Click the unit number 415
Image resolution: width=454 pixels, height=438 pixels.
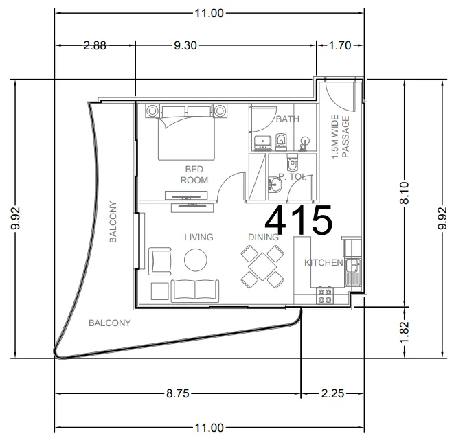coord(299,220)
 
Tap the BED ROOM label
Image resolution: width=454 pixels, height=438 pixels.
coord(194,174)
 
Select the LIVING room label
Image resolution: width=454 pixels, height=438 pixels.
coord(198,237)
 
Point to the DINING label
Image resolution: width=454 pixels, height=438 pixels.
coord(263,237)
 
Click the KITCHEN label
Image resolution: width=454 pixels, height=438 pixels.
coord(324,262)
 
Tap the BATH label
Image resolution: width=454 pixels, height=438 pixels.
coord(288,119)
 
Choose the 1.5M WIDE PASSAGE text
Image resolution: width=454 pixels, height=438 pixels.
coord(341,137)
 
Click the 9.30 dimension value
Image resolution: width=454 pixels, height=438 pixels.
coord(185,45)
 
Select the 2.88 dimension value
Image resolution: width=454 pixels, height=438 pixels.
coord(95,45)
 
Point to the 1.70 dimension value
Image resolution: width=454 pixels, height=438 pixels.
coord(340,45)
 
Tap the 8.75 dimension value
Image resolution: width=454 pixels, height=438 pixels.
coord(177,393)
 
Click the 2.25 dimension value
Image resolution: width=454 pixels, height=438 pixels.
coord(332,393)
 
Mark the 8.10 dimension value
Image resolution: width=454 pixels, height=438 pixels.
coord(405,193)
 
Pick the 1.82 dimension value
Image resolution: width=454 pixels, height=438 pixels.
coord(405,332)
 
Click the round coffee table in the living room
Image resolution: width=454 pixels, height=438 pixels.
coord(196,260)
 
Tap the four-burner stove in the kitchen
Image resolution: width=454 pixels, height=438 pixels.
coord(325,295)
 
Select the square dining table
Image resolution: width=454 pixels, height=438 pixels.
coord(262,266)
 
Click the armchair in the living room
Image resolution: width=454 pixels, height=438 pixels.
coord(159,261)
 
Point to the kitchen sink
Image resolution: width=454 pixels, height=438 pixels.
coord(352,272)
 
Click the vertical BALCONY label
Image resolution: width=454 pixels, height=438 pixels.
coord(113,222)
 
